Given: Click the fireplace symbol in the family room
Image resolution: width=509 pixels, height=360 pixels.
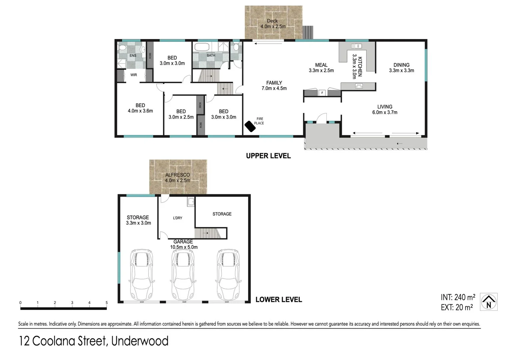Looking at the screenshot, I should (250, 126).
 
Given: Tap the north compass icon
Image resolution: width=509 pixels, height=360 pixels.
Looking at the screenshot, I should (489, 302).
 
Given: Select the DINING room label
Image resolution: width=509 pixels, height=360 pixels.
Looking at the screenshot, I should (401, 65).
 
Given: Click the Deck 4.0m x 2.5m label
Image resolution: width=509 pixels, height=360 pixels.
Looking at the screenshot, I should (273, 24).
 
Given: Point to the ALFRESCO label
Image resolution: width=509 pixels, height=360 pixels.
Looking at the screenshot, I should (178, 175).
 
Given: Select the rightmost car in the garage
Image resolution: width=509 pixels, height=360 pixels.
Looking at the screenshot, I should (228, 274).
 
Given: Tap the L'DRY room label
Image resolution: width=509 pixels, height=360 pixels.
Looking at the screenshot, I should (178, 218).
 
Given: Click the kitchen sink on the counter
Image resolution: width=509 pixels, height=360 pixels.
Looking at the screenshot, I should (356, 46).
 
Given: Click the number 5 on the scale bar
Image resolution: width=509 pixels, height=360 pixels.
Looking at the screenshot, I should (107, 303).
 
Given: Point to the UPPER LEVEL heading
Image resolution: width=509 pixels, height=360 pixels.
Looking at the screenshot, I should (268, 156).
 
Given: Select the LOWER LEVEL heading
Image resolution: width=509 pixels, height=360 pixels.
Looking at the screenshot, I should (278, 300).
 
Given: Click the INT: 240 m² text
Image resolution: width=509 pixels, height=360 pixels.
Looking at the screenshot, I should (458, 297).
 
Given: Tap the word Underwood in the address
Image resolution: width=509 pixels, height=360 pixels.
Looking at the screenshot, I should (140, 341).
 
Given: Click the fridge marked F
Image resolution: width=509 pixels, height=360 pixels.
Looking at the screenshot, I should (322, 93).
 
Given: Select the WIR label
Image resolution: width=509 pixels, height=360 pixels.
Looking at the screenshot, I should (134, 75).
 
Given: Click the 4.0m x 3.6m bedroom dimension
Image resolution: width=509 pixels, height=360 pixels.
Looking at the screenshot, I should (140, 111).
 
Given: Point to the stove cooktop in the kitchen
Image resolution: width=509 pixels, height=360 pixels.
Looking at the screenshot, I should (359, 86).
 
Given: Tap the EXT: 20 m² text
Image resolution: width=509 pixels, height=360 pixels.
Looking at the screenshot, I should (457, 307).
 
